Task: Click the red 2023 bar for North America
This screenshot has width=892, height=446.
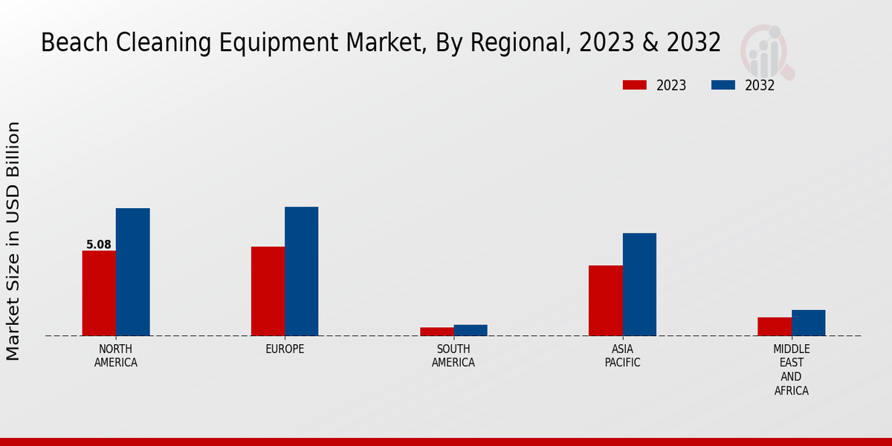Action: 99,293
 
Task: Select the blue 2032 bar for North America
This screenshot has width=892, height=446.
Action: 133,272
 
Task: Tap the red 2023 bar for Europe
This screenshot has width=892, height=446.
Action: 268,291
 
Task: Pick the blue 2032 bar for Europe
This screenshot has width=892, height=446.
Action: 302,271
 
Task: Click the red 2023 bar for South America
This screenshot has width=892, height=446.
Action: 436,332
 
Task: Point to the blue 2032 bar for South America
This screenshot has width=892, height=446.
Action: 471,330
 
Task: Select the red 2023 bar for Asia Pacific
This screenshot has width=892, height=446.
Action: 606,300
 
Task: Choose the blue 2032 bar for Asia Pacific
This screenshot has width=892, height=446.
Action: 639,284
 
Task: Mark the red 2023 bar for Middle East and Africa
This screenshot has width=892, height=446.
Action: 775,326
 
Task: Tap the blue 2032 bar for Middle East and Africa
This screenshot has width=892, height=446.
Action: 809,323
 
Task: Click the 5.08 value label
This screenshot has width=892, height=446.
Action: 99,245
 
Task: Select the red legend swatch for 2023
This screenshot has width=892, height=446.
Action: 634,85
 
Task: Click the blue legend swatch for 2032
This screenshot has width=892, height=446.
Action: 723,85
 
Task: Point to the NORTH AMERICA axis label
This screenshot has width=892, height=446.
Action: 116,356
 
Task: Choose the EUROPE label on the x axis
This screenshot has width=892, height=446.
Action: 285,349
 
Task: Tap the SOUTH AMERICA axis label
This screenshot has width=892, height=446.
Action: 453,356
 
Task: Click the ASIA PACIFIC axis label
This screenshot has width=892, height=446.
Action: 622,356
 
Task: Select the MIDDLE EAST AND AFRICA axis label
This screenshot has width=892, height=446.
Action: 792,369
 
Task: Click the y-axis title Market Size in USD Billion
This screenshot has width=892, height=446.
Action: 13,242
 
